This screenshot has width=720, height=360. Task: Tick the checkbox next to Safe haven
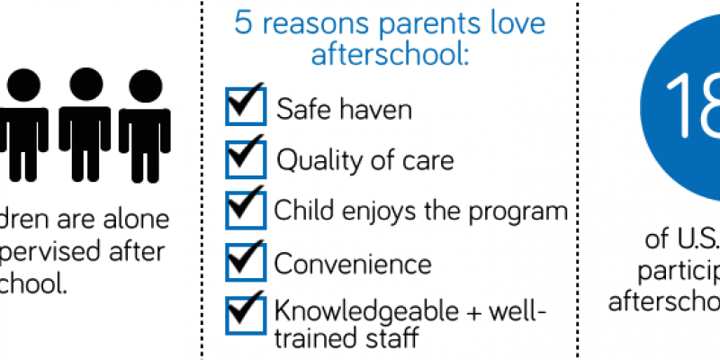246,108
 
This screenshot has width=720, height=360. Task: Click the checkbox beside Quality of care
246,160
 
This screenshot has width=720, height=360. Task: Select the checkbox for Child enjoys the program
246,211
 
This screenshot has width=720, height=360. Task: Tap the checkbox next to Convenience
246,263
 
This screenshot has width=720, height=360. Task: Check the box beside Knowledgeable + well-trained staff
246,314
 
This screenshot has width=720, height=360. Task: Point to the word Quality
311,162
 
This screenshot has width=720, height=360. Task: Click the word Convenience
353,265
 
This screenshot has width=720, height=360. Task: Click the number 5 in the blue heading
243,23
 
